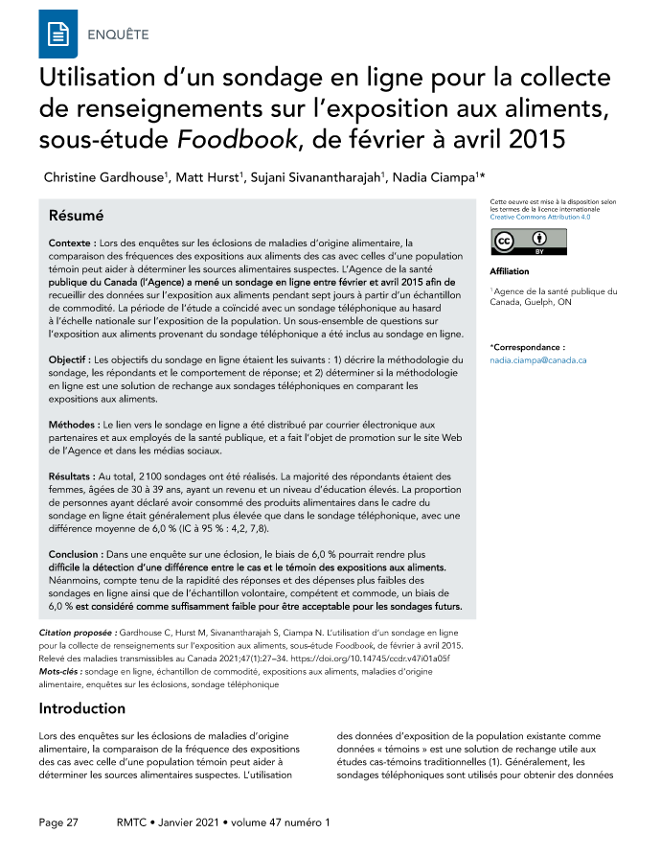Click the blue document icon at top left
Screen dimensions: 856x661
click(57, 35)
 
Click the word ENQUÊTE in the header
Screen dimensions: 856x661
click(118, 35)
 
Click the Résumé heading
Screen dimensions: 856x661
click(77, 216)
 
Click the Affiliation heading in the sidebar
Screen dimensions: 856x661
click(509, 272)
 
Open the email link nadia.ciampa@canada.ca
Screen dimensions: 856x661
click(537, 359)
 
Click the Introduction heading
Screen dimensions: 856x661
click(81, 709)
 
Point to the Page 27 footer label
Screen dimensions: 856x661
click(58, 822)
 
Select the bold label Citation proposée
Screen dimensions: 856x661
click(80, 635)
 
